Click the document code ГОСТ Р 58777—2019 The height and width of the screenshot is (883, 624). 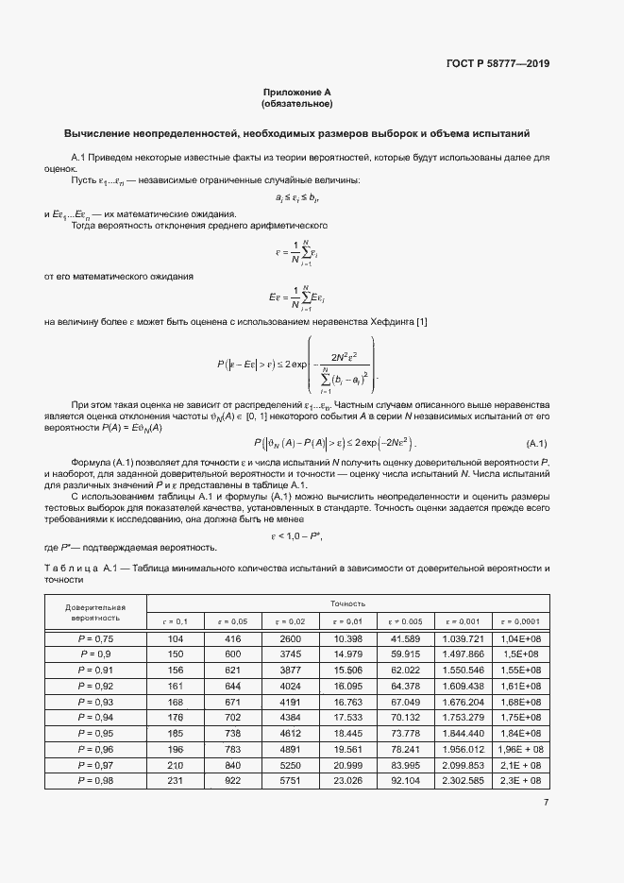tap(498, 64)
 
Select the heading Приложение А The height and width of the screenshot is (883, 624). tap(297, 93)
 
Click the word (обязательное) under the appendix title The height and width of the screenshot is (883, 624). tap(297, 103)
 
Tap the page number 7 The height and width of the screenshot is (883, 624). tap(546, 803)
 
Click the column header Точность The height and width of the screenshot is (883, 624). tap(347, 603)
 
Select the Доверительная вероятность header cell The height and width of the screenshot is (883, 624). tap(94, 612)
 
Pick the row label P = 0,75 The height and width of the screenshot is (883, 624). tap(94, 639)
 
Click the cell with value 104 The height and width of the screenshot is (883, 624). tap(175, 639)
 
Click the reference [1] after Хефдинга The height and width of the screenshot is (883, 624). tap(421, 324)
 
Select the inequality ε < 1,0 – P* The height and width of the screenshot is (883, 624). tap(296, 536)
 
